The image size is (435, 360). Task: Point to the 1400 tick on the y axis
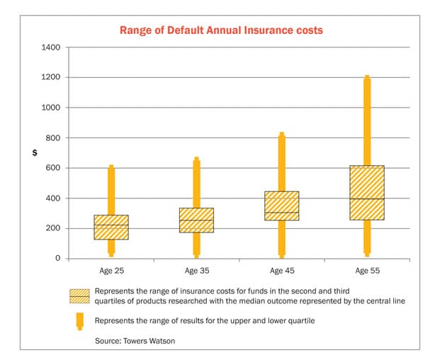pyautogui.click(x=52, y=47)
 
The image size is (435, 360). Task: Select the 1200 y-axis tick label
pyautogui.click(x=52, y=77)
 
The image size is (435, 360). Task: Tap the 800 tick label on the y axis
pyautogui.click(x=54, y=137)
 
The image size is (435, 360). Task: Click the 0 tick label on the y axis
pyautogui.click(x=59, y=259)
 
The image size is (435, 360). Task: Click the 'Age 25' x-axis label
pyautogui.click(x=111, y=271)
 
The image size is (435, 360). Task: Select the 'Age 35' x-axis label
pyautogui.click(x=196, y=271)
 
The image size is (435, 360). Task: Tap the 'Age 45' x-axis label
pyautogui.click(x=281, y=271)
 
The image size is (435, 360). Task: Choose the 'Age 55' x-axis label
pyautogui.click(x=366, y=271)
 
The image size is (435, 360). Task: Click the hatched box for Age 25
pyautogui.click(x=111, y=227)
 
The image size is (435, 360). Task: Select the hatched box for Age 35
pyautogui.click(x=196, y=220)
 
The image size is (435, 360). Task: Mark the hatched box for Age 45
pyautogui.click(x=281, y=206)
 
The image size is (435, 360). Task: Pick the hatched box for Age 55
pyautogui.click(x=366, y=193)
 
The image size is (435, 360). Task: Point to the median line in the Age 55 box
pyautogui.click(x=366, y=199)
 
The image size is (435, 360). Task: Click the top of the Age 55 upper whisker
pyautogui.click(x=366, y=77)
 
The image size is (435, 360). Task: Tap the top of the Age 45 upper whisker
pyautogui.click(x=281, y=133)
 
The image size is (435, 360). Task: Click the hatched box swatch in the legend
pyautogui.click(x=79, y=296)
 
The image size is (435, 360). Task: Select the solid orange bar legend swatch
pyautogui.click(x=79, y=320)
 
